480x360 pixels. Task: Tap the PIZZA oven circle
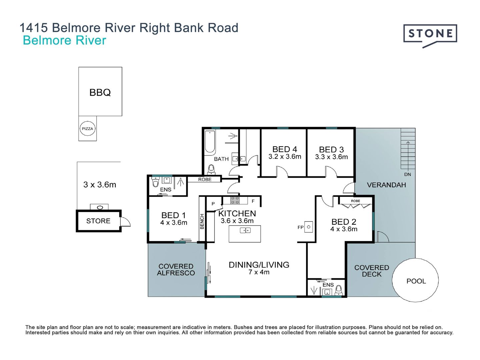click(x=87, y=129)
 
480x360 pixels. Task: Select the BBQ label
click(x=100, y=92)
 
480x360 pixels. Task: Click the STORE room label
click(x=98, y=221)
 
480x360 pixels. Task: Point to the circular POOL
click(x=415, y=281)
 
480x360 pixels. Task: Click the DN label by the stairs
click(x=407, y=174)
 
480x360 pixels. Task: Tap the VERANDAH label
click(x=386, y=185)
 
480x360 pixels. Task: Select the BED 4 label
click(x=285, y=149)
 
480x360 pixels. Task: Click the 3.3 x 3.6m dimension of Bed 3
click(x=331, y=157)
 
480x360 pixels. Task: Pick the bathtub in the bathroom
click(x=210, y=142)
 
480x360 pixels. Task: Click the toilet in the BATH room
click(x=211, y=170)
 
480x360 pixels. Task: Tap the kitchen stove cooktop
click(x=235, y=200)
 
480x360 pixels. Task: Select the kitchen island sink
click(x=245, y=230)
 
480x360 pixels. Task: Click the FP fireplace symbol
click(x=309, y=227)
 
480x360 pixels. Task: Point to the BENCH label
click(x=202, y=221)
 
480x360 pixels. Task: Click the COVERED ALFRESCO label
click(x=176, y=270)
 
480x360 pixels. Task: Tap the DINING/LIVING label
click(x=259, y=265)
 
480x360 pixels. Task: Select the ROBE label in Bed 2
click(x=355, y=201)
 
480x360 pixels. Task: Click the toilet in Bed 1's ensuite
click(x=155, y=183)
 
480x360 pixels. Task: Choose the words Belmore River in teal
click(x=64, y=40)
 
